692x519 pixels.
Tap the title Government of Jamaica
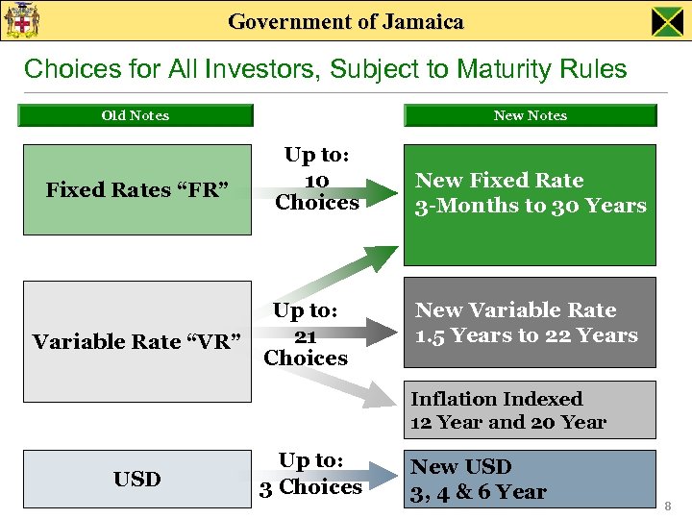point(346,21)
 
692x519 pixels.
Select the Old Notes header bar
point(136,115)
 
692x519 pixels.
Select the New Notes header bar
point(530,115)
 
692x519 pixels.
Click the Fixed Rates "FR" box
point(136,189)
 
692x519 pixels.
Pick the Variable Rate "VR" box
point(136,341)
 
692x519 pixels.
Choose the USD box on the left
point(136,479)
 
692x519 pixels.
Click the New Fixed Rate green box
point(530,204)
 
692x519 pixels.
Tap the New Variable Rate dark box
point(530,323)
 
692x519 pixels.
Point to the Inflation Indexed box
point(530,410)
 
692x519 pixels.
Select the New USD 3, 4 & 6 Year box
point(530,479)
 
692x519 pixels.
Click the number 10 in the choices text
point(316,181)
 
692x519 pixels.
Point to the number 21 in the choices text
point(305,334)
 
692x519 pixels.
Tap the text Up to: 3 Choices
point(310,474)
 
